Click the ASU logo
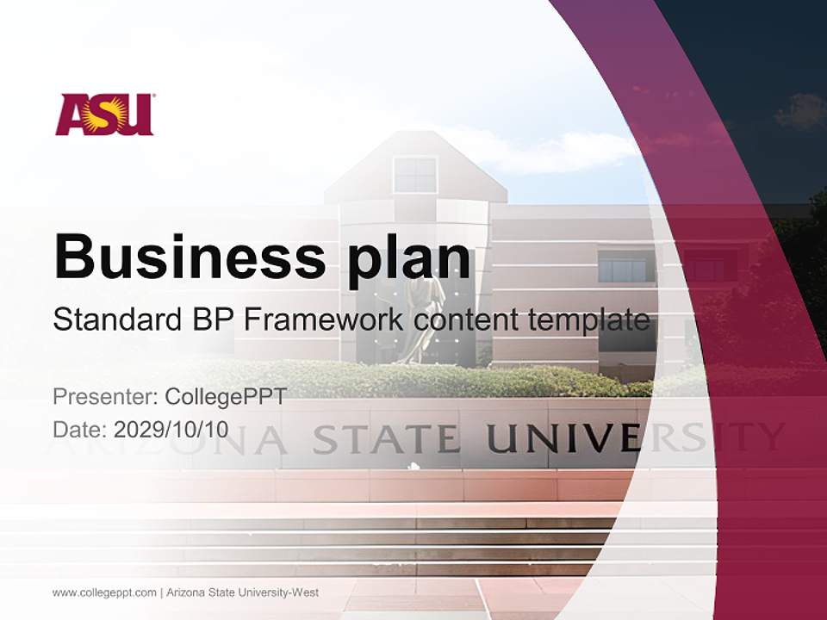[x=104, y=115]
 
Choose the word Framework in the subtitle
[x=324, y=320]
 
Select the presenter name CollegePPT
[x=225, y=397]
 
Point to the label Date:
[x=80, y=429]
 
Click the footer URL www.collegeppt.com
[x=104, y=592]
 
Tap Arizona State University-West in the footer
[x=242, y=592]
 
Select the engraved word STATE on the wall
[x=385, y=439]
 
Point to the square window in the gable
[x=415, y=175]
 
